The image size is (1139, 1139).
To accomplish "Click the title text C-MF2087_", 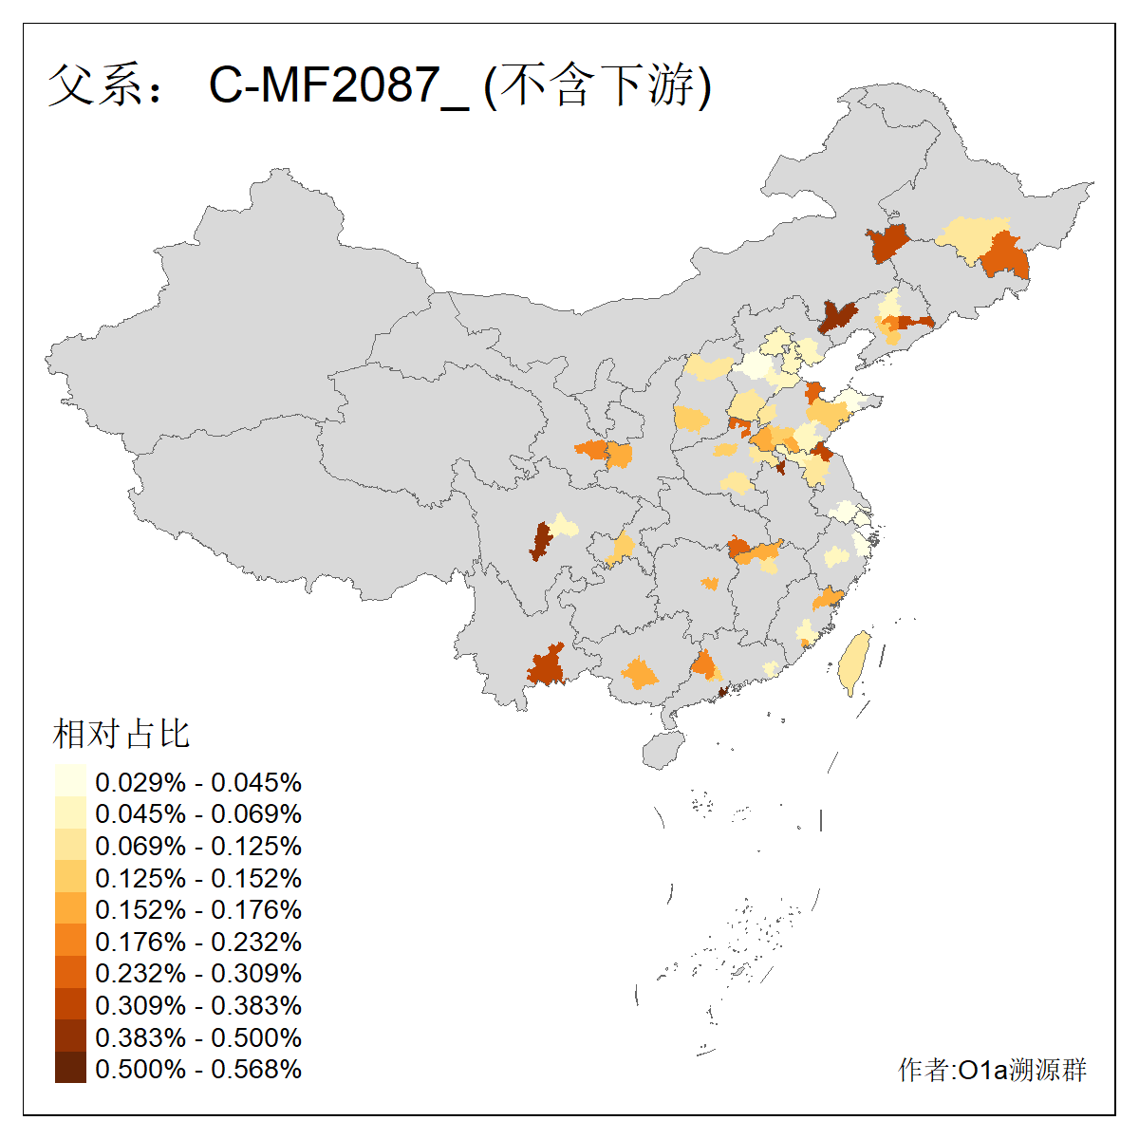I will click(338, 85).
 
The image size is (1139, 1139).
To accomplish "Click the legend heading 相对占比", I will click(121, 734).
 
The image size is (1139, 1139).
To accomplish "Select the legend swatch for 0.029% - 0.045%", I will click(70, 781).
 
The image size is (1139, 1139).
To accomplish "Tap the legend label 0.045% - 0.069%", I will click(198, 813).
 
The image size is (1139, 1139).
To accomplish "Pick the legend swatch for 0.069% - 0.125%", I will click(70, 845).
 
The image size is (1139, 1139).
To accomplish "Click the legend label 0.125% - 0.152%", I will click(198, 878).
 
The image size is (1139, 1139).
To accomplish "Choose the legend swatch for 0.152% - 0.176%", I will click(70, 909).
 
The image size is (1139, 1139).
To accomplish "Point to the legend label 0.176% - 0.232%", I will click(198, 942).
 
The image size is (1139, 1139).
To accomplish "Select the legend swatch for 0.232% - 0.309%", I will click(70, 973).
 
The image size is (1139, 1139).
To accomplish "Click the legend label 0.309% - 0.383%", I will click(198, 1005).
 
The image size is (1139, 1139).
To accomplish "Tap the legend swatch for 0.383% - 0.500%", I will click(70, 1036).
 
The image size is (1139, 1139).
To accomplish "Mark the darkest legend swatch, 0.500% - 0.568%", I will click(70, 1068).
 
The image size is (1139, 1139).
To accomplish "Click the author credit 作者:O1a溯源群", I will click(992, 1070).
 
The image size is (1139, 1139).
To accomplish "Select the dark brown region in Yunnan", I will click(547, 665).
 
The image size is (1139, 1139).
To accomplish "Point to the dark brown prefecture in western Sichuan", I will click(541, 541).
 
